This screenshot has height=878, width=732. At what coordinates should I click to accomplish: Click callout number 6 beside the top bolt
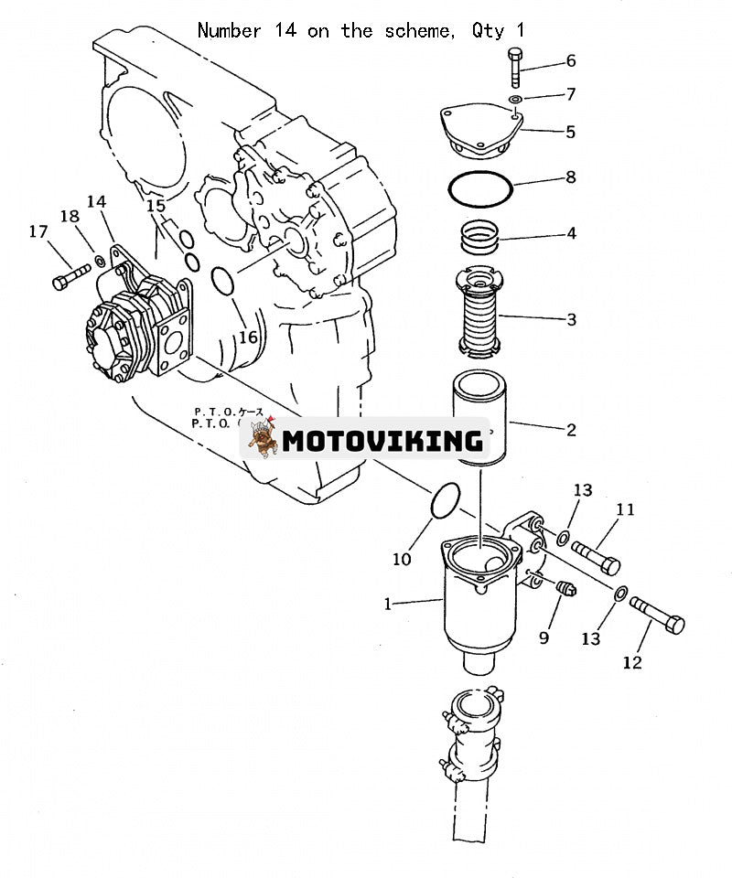pyautogui.click(x=571, y=61)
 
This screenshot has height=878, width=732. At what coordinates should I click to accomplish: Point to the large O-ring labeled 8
pyautogui.click(x=479, y=188)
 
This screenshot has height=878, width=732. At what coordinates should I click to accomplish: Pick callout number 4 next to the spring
pyautogui.click(x=571, y=233)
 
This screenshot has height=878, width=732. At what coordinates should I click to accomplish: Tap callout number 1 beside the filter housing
pyautogui.click(x=388, y=604)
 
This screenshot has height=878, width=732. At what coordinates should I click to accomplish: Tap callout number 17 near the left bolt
pyautogui.click(x=38, y=232)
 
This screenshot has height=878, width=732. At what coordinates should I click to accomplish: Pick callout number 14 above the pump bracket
pyautogui.click(x=96, y=201)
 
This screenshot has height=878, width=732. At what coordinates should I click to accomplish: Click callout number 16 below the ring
pyautogui.click(x=248, y=337)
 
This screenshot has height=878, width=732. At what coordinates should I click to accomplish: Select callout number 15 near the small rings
pyautogui.click(x=156, y=206)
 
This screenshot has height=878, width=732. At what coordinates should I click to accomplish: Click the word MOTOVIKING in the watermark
pyautogui.click(x=382, y=441)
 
